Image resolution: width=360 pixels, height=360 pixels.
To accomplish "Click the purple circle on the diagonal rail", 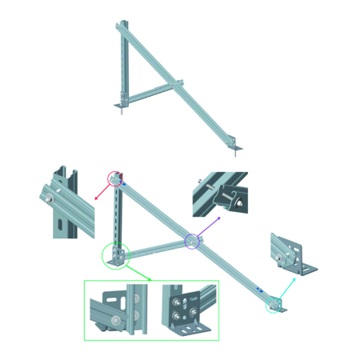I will coord(192,241).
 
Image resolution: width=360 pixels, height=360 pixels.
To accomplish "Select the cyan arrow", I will coord(288,288).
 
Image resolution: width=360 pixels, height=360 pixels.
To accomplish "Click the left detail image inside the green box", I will coord(118,311).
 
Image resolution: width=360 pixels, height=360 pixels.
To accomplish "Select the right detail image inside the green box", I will coord(183,310).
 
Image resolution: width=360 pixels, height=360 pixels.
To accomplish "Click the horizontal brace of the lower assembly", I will coord(156,248).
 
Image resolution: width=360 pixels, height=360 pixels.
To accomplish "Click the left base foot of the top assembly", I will coord(121,106).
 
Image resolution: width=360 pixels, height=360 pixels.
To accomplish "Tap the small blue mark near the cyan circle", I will coord(258,290).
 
